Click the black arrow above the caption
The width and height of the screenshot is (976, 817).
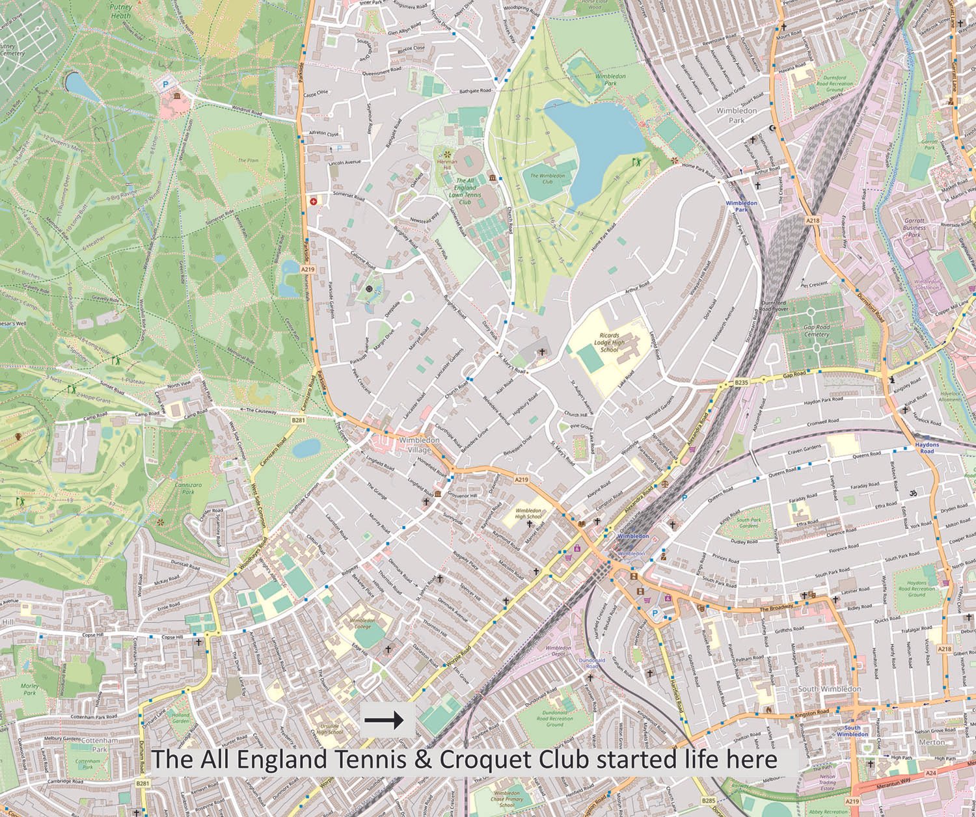coord(385,719)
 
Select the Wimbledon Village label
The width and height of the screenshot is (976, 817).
coord(419,445)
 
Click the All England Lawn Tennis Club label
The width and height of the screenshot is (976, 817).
coord(465,191)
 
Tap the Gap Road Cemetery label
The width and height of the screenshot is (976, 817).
coord(816,330)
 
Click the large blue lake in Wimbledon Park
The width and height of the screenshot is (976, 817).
coord(589,143)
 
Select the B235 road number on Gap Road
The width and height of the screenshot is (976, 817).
coord(742,384)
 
